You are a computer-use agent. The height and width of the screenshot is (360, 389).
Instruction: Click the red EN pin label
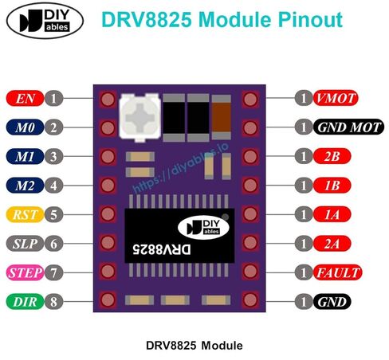[x=25, y=99]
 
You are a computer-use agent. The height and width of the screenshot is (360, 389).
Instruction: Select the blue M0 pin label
[x=25, y=127]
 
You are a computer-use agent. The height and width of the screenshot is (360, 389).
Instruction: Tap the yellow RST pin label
[x=25, y=214]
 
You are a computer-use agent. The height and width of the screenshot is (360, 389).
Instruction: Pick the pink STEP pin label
[x=25, y=272]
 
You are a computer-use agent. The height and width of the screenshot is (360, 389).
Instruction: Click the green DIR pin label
[x=25, y=302]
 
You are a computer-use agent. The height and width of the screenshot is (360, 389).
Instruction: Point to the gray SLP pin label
[x=25, y=244]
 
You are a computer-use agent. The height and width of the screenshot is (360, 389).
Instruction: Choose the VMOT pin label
[x=336, y=98]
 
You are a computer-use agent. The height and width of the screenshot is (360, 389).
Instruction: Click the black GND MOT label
[x=348, y=127]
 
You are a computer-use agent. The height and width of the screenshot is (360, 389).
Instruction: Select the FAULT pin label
[x=337, y=272]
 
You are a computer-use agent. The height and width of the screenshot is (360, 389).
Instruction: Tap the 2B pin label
[x=332, y=156]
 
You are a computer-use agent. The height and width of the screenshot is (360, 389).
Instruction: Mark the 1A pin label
[x=332, y=214]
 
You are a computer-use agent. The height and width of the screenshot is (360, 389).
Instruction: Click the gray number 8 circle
[x=53, y=302]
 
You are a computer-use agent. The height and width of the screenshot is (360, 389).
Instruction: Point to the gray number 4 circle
[x=53, y=186]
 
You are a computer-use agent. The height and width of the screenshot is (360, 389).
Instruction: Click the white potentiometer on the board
[x=139, y=117]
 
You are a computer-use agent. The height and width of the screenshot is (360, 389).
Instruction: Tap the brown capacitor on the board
[x=221, y=117]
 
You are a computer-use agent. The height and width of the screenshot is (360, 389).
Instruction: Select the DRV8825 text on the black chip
[x=162, y=249]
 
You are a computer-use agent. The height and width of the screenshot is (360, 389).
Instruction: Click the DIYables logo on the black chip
[x=203, y=227]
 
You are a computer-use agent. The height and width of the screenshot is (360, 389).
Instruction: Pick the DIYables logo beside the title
[x=45, y=21]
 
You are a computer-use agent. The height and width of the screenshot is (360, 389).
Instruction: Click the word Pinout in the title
[x=310, y=20]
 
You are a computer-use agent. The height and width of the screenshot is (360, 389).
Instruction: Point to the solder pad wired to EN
[x=108, y=100]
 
